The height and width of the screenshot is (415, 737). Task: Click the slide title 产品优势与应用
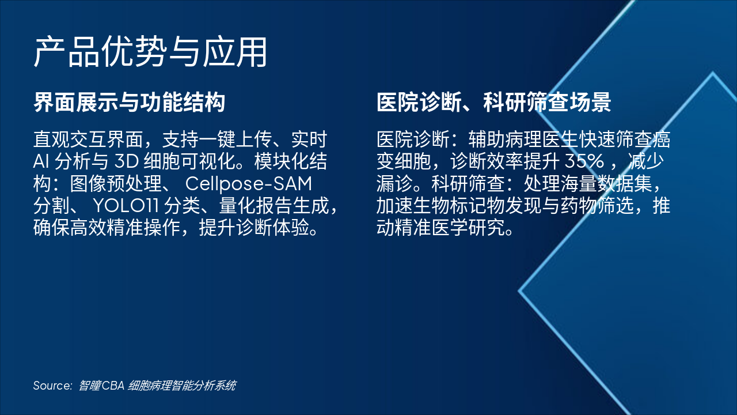tap(150, 52)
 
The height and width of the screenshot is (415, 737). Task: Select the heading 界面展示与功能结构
tap(129, 103)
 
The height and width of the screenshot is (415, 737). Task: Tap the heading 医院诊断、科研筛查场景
tap(493, 103)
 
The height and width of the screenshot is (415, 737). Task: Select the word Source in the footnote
tap(52, 386)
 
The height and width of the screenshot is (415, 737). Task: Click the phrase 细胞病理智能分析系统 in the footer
tap(182, 386)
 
